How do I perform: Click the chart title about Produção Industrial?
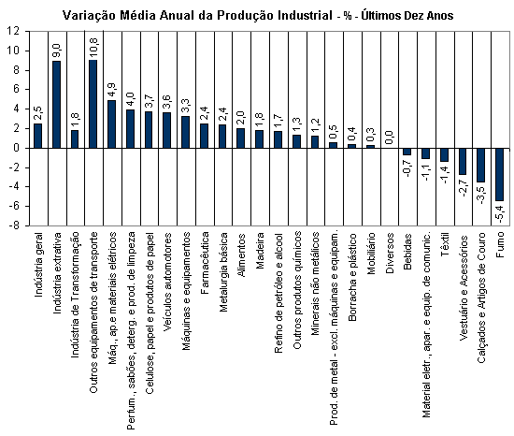pyautogui.click(x=258, y=15)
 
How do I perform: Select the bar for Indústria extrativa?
pyautogui.click(x=57, y=105)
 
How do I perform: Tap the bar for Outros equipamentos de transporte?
pyautogui.click(x=93, y=104)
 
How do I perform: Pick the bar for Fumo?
pyautogui.click(x=500, y=175)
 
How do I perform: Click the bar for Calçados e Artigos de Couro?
pyautogui.click(x=481, y=165)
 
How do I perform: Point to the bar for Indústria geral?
pyautogui.click(x=38, y=136)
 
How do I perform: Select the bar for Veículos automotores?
pyautogui.click(x=167, y=130)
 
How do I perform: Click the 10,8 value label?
pyautogui.click(x=93, y=47)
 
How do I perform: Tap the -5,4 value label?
pyautogui.click(x=500, y=213)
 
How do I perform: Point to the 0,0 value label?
pyautogui.click(x=389, y=138)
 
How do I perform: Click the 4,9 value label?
pyautogui.click(x=112, y=91)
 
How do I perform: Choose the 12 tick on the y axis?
pyautogui.click(x=14, y=32)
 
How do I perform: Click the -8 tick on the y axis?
pyautogui.click(x=14, y=225)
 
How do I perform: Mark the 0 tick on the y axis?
pyautogui.click(x=17, y=148)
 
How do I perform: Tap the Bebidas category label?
pyautogui.click(x=407, y=252)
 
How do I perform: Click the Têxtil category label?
pyautogui.click(x=445, y=244)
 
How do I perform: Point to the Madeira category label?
pyautogui.click(x=260, y=251)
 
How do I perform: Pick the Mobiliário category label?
pyautogui.click(x=371, y=254)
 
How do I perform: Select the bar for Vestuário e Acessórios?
pyautogui.click(x=463, y=162)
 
